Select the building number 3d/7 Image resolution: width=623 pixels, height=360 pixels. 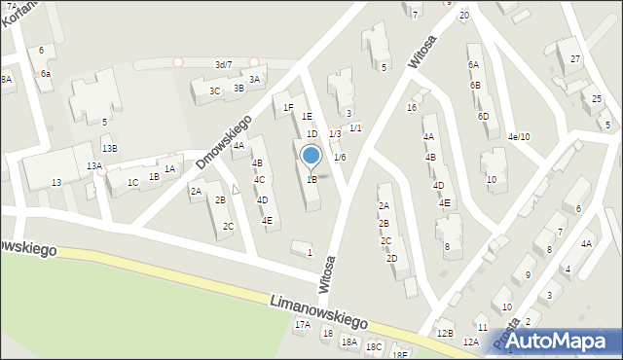click(223, 64)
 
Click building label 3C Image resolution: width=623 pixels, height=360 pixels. click(214, 91)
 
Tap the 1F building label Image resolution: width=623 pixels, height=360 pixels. click(288, 108)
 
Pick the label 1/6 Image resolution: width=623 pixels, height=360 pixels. click(340, 158)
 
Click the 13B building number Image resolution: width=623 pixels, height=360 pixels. click(110, 149)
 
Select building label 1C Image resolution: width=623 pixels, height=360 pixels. click(132, 182)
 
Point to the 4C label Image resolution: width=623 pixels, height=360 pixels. click(259, 180)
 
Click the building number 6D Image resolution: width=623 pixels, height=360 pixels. click(483, 117)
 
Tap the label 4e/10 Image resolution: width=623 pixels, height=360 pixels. click(518, 137)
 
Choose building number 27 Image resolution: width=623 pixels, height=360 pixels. click(575, 59)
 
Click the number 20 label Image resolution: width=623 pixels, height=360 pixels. click(464, 16)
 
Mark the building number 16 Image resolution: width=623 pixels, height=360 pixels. click(412, 108)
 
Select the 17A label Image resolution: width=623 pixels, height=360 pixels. click(303, 325)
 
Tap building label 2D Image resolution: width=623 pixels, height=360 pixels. click(391, 259)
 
